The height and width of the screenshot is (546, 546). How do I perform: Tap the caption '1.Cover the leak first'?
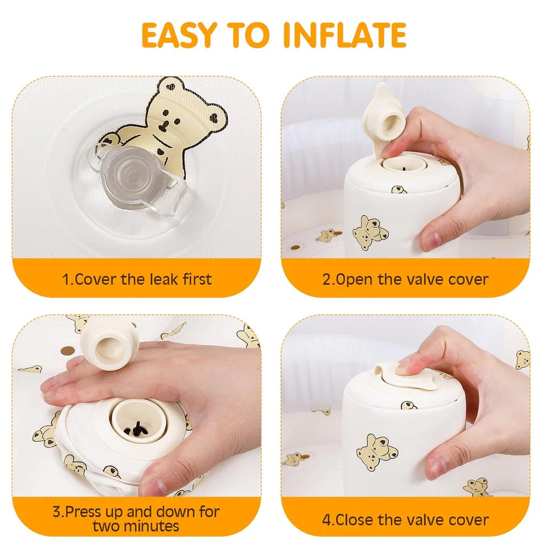tap(136, 279)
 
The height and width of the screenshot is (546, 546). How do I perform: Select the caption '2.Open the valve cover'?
tap(405, 279)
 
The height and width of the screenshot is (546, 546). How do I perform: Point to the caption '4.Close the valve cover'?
tap(405, 519)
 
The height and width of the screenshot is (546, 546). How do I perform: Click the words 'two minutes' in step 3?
tap(136, 526)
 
